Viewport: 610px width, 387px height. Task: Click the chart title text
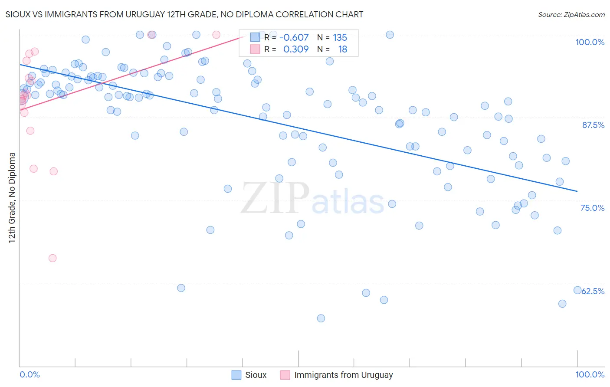184,14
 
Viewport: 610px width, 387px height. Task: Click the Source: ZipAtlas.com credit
571,15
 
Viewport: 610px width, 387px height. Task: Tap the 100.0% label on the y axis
590,42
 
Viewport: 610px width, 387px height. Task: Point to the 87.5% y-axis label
593,125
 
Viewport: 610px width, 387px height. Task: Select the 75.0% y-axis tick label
592,208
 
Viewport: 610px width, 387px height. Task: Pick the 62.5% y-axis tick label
593,291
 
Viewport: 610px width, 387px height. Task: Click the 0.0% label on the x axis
30,374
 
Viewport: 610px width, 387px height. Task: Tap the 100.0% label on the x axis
590,374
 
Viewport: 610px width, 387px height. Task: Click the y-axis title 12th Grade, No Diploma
12,197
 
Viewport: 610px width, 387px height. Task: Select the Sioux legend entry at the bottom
249,375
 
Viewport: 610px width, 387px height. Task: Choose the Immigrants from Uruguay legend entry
337,375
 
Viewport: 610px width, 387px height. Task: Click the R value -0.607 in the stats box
294,38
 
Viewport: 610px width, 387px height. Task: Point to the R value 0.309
296,49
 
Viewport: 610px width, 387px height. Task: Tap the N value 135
340,38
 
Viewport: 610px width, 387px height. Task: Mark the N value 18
342,49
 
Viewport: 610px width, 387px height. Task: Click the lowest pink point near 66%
52,258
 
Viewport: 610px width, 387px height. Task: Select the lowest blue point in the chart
321,318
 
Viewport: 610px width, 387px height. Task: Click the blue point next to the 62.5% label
577,290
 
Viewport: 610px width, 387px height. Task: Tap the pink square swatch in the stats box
255,49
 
